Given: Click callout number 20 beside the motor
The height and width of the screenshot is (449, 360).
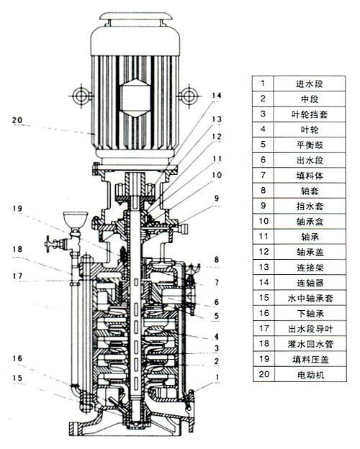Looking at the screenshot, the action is point(17,120).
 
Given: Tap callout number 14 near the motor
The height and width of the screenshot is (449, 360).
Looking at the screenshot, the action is point(217,96).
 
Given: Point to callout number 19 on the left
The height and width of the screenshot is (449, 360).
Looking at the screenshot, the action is point(17,208).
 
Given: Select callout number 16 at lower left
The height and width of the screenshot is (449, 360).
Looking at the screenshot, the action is point(17,358).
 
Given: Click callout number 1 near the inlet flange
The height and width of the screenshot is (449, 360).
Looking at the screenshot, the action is point(217,377).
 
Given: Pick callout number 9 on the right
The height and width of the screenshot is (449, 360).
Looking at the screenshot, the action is point(217,198).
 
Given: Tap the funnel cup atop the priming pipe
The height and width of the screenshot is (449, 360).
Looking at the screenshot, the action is point(75,220).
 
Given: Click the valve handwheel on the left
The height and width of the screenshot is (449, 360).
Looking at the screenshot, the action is point(48,244).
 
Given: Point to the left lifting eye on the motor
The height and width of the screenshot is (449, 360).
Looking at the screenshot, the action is point(81,96).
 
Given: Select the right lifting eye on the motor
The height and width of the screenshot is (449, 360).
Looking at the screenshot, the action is point(189,96).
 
